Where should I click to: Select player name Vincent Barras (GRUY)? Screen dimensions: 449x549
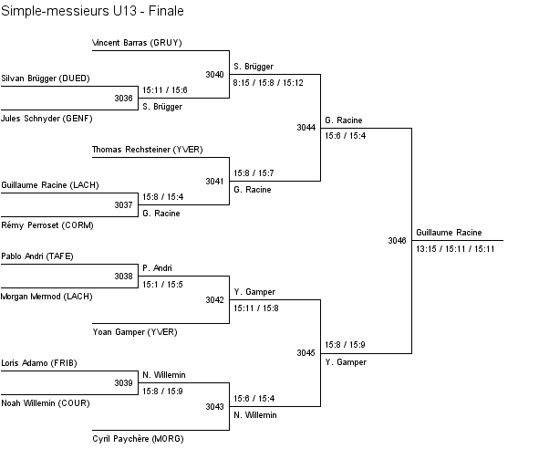pos(138,43)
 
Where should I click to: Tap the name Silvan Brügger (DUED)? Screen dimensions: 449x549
pos(46,78)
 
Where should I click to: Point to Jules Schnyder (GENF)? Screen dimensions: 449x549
pos(47,118)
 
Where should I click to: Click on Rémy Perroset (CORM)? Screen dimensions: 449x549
pos(47,224)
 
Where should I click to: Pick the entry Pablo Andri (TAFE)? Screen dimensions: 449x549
pos(39,256)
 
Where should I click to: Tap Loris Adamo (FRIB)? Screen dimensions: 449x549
pos(39,363)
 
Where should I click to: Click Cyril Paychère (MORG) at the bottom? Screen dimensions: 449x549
pos(138,439)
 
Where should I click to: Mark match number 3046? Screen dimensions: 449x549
pos(397,241)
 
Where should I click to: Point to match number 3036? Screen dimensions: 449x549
pos(123,98)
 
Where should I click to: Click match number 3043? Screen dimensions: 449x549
pos(214,406)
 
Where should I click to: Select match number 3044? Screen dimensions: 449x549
pos(306,128)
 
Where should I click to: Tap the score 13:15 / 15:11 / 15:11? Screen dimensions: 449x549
pos(455,248)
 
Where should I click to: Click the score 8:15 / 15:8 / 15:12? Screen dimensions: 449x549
pos(268,82)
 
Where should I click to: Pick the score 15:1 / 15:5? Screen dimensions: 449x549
pos(162,284)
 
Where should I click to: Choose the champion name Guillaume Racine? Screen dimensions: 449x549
pos(449,233)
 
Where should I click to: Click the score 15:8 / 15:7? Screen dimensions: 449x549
pos(254,172)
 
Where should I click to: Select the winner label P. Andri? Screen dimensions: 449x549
pos(158,268)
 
